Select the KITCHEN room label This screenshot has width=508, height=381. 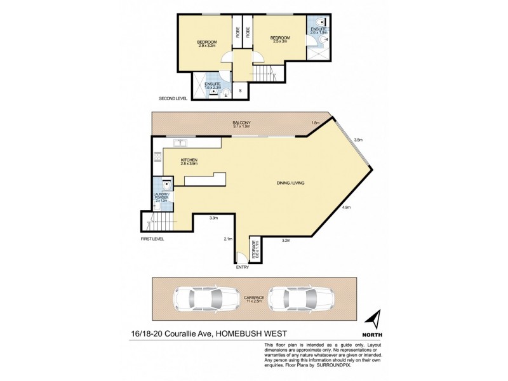[x=189, y=161]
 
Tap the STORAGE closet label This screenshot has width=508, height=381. [x=254, y=250]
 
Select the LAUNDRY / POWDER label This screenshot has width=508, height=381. [x=159, y=197]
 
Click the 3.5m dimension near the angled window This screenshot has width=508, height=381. [x=358, y=140]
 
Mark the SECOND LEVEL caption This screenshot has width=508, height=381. [x=175, y=99]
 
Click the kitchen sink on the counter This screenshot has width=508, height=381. [x=179, y=142]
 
